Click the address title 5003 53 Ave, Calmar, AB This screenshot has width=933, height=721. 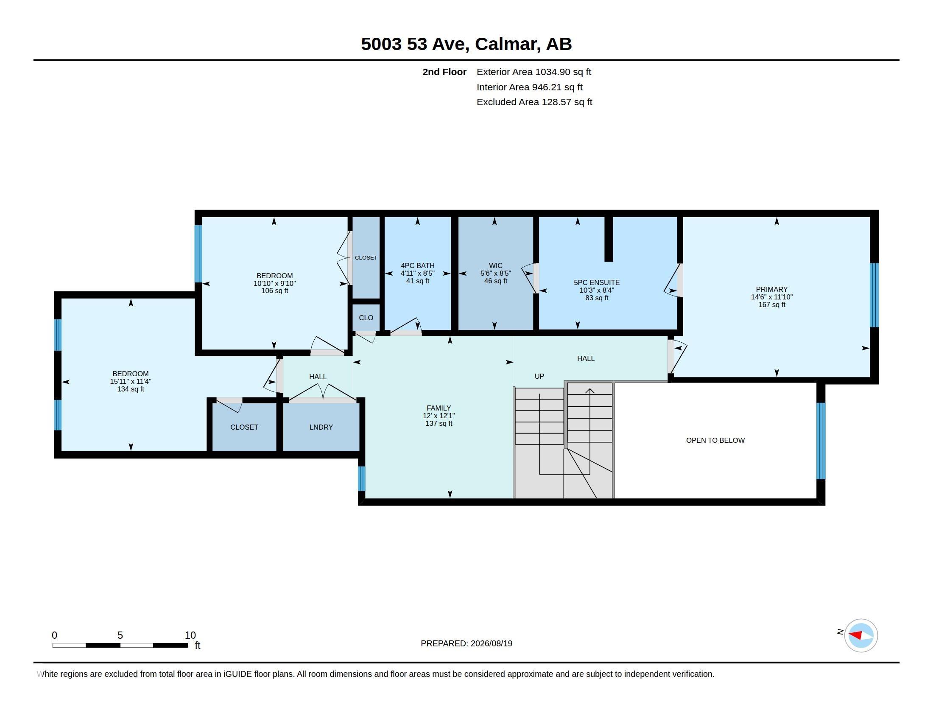coord(466,44)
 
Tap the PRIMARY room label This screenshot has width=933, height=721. coord(771,289)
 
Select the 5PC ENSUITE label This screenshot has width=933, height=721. coord(596,282)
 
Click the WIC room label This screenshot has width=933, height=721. coord(495,265)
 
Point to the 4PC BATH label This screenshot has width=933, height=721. coord(417,265)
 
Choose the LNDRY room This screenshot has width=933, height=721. coord(321,427)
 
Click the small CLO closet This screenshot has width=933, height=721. coord(366,318)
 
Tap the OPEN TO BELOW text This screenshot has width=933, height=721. coord(715,440)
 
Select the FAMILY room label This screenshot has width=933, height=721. coord(439,408)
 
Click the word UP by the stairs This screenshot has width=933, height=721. coord(539,376)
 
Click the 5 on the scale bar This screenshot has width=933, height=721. coord(120,635)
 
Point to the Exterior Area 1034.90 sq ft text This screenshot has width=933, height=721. coord(534,72)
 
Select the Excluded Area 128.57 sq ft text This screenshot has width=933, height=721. coord(534,102)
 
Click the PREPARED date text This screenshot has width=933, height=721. coord(466,643)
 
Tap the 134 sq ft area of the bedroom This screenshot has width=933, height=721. coord(131,389)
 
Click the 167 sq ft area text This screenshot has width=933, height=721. coord(772,305)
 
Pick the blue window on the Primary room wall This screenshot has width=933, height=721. coord(874,295)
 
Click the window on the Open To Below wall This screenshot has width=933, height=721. coord(821,441)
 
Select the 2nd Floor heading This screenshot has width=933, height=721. coord(444,72)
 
